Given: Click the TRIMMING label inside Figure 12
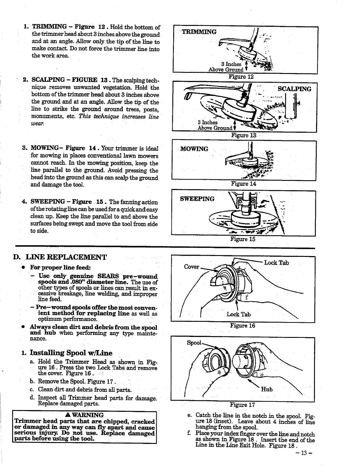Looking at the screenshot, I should pos(199,32).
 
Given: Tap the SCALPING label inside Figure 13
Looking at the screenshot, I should pos(294,89).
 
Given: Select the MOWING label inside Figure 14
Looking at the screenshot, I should pos(194,149).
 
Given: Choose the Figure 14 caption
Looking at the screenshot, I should pos(244,184).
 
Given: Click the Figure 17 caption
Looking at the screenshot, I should pos(242,405).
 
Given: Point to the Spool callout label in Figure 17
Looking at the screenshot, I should pos(194,343).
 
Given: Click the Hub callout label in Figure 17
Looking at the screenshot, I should pos(267,389).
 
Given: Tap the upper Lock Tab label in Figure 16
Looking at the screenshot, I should pos(276,263).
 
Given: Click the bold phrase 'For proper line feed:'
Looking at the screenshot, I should pos(60,267).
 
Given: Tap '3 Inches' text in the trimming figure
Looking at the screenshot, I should pos(231,64).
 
